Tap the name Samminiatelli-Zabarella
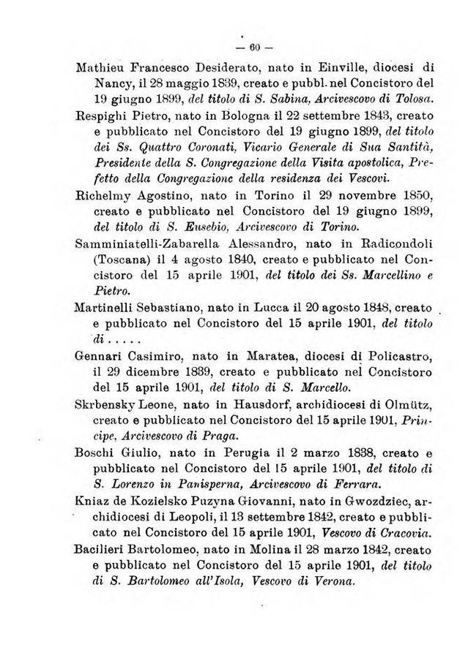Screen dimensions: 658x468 tap(152, 243)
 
